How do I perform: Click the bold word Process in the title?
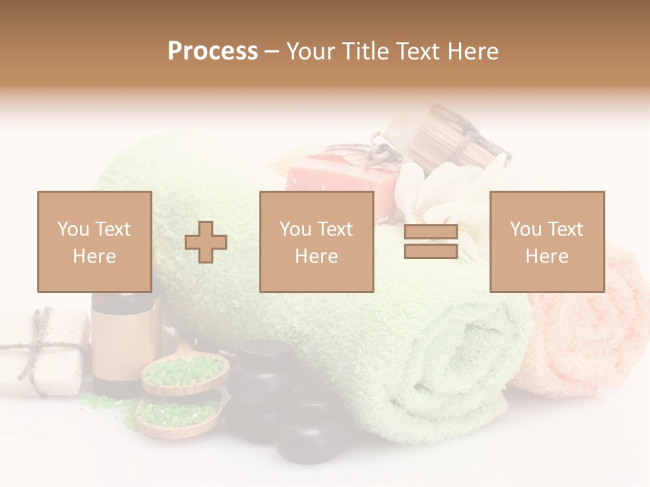(x=213, y=51)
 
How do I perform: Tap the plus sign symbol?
(x=206, y=242)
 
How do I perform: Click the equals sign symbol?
(x=431, y=242)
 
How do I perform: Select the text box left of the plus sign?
(x=95, y=241)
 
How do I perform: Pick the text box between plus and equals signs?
(x=316, y=241)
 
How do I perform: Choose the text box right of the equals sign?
(x=546, y=241)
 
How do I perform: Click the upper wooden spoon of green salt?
(x=184, y=372)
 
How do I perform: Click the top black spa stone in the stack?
(x=263, y=358)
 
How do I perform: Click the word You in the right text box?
(x=525, y=229)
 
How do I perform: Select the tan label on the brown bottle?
(x=122, y=345)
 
